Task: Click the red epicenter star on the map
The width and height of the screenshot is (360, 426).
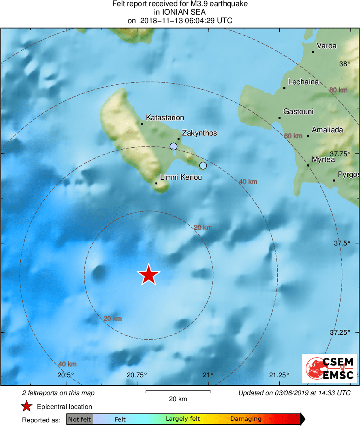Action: pos(149,275)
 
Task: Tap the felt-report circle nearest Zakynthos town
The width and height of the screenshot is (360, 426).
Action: pos(174,146)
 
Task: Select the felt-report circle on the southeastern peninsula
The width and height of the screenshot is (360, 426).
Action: pos(203,166)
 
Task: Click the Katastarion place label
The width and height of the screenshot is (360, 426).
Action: pos(165,118)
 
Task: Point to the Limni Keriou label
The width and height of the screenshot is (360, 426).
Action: pos(181,177)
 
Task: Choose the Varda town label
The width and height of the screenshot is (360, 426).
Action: pos(326,46)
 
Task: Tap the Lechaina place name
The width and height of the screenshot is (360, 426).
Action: pos(303,82)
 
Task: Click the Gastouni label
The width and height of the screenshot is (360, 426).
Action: pos(298,112)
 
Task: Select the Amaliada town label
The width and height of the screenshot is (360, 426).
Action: pos(327,130)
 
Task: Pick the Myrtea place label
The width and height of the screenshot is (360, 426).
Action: pos(323,159)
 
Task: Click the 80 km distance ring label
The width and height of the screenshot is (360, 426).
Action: pos(339,90)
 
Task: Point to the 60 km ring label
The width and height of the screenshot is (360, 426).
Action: pos(293,136)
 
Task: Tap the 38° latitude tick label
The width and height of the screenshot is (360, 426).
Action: pos(345,64)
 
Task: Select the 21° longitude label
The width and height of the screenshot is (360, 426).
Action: pos(208,374)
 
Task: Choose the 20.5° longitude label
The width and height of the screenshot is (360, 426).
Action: pos(66,374)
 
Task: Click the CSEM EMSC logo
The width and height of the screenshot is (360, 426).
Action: pos(329,368)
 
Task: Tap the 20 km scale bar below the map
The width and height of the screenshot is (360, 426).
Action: pos(178,392)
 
